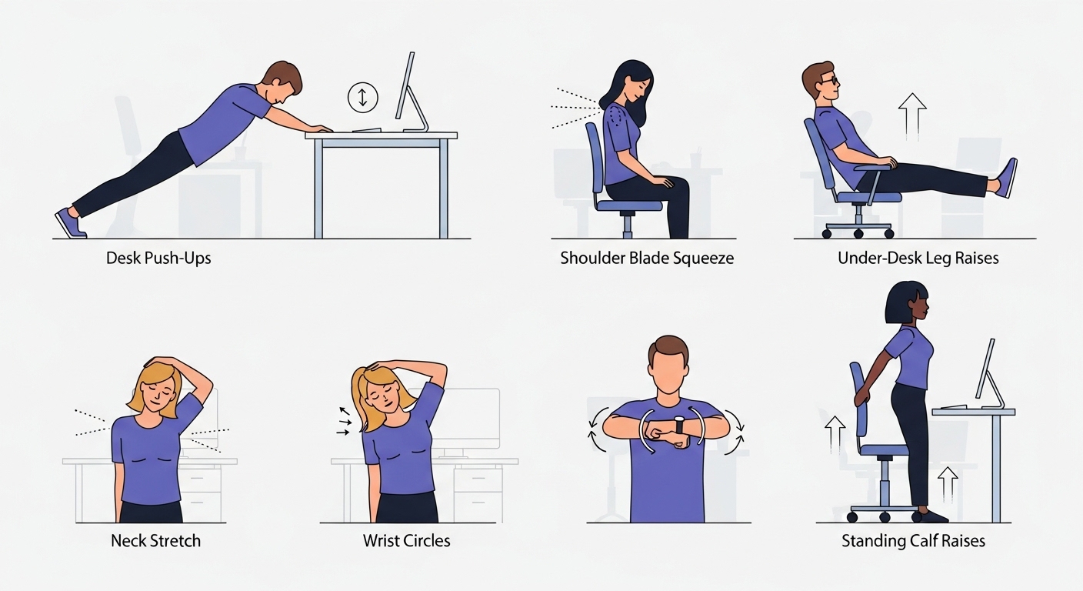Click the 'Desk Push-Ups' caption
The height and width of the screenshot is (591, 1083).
[158, 259]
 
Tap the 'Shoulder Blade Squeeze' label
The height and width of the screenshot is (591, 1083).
[647, 259]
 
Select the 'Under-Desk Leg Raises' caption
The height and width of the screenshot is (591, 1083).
[918, 259]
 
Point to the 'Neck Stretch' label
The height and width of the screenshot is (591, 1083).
[155, 540]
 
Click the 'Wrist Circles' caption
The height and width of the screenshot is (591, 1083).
[407, 540]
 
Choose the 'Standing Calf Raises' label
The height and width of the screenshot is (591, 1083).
[913, 540]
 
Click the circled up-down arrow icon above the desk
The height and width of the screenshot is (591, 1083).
[362, 97]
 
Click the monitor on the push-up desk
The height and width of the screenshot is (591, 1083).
[411, 92]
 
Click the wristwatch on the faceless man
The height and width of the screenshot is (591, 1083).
[680, 425]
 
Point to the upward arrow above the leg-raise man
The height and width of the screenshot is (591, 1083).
[912, 116]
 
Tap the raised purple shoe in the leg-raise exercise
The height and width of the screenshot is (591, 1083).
[1007, 178]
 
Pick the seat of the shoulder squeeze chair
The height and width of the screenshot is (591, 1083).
[629, 206]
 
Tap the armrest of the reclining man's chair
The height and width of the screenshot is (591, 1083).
[873, 167]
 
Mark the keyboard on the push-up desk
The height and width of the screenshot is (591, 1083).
[366, 129]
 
